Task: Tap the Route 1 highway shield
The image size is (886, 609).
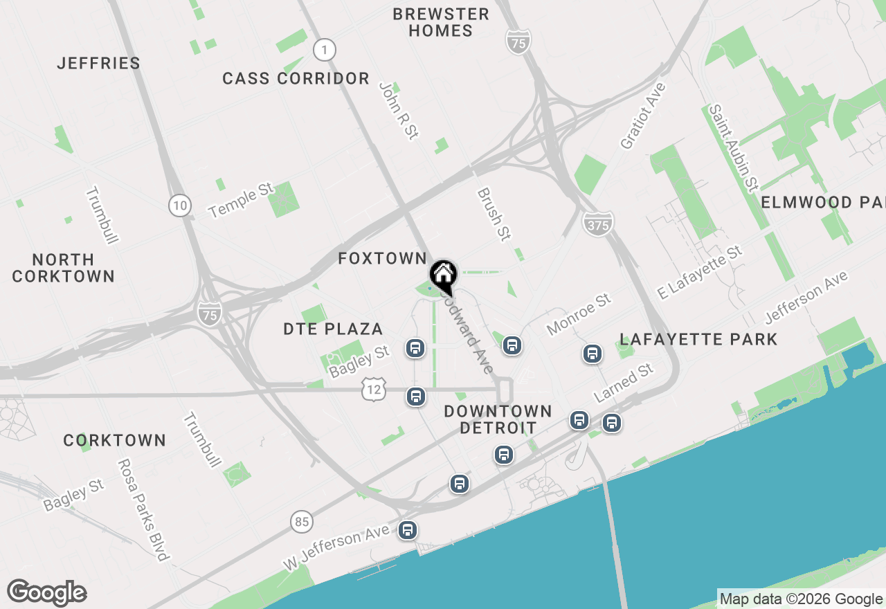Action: [324, 50]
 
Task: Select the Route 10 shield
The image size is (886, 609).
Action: [179, 205]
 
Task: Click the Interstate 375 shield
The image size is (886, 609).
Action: [597, 224]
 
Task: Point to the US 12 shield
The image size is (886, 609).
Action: [373, 390]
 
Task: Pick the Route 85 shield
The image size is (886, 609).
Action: [301, 521]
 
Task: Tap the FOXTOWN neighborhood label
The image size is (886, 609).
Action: [382, 259]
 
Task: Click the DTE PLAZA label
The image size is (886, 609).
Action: [333, 329]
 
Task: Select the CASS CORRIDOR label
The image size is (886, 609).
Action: [296, 79]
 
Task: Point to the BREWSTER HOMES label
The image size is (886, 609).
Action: [440, 22]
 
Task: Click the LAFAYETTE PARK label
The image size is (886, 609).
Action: [698, 339]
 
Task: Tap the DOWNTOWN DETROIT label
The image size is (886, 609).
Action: [498, 419]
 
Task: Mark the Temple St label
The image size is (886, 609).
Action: [242, 201]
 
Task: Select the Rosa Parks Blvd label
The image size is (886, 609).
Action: [143, 509]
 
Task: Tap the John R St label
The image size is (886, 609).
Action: [399, 111]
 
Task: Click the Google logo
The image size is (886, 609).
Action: [47, 593]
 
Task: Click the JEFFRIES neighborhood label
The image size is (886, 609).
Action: [99, 63]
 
